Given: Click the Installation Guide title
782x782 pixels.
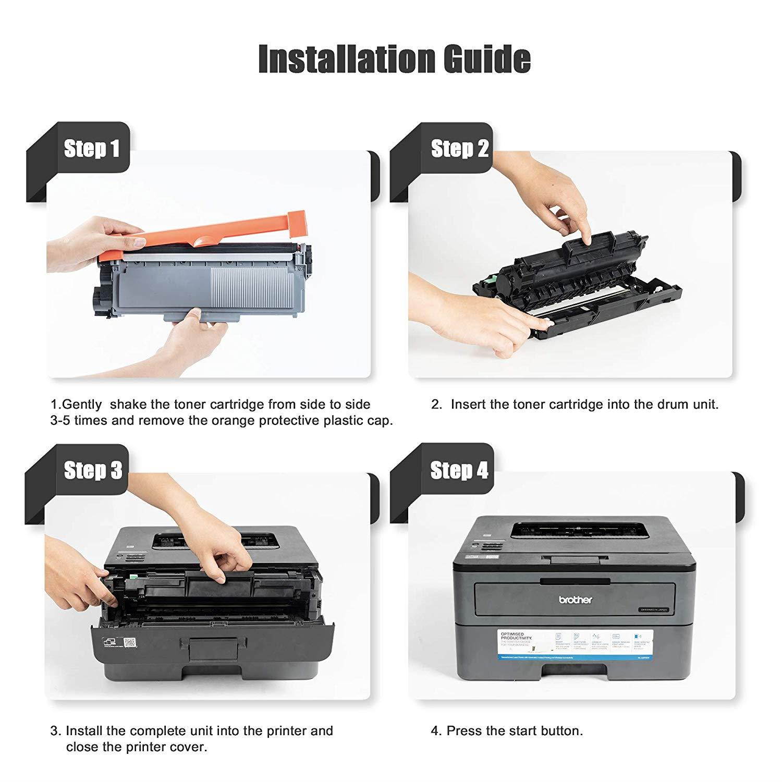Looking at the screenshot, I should pyautogui.click(x=394, y=59).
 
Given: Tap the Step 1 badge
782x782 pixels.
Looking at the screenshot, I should pyautogui.click(x=92, y=149).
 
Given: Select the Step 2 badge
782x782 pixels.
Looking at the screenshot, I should pyautogui.click(x=459, y=149).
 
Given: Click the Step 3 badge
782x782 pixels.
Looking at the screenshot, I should pyautogui.click(x=93, y=470).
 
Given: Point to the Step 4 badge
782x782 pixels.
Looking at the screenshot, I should pyautogui.click(x=459, y=470).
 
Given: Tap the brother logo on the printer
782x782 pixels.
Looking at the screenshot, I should pyautogui.click(x=576, y=600).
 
